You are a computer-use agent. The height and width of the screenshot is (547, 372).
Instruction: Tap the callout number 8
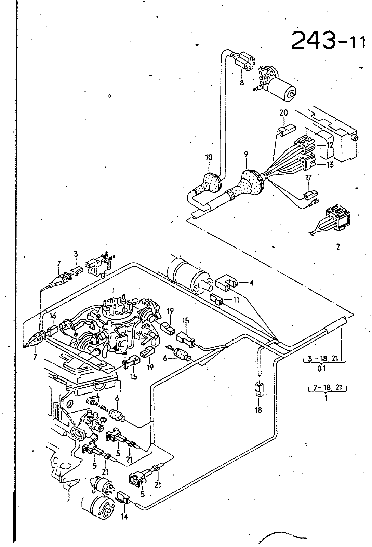pos(242,82)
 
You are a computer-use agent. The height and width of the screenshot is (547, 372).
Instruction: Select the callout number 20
pos(283,113)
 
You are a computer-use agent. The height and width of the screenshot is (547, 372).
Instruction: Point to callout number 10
pos(209,157)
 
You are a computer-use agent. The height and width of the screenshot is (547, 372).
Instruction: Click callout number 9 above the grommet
pos(246,154)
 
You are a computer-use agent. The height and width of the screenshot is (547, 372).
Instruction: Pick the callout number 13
pos(330,165)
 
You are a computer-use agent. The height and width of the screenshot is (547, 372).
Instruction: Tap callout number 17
pos(308,178)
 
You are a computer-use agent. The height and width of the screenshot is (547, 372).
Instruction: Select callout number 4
pos(251,283)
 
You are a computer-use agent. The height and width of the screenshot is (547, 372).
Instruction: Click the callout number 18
pos(258,410)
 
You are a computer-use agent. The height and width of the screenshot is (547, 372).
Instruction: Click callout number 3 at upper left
pos(76,254)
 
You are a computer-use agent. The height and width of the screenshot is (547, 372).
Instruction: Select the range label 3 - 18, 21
pos(325,358)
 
